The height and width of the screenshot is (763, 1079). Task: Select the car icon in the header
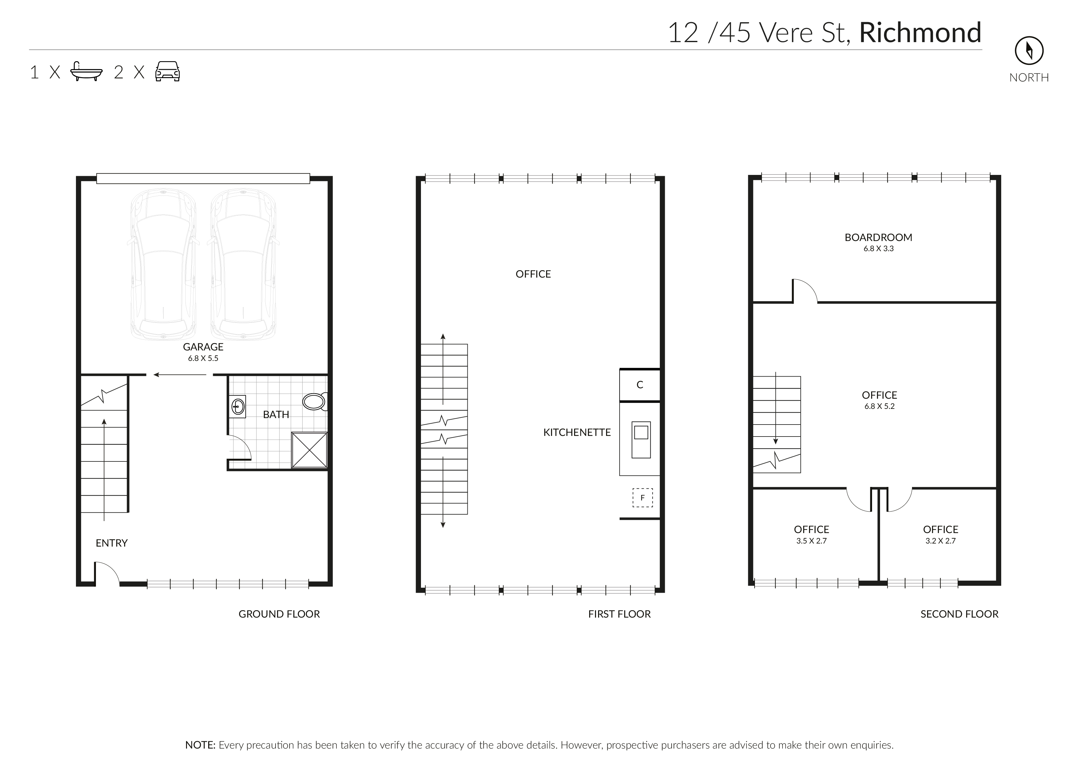tap(167, 71)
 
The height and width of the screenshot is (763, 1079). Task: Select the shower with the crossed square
tap(309, 450)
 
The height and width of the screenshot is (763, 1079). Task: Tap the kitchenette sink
tap(641, 439)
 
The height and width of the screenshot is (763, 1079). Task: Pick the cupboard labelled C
tap(640, 385)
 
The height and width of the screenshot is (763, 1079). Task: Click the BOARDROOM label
tap(878, 237)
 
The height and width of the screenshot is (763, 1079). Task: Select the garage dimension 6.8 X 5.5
tap(203, 358)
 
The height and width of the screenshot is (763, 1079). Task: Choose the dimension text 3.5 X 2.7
tap(811, 541)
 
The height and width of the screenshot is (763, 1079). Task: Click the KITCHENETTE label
tap(577, 432)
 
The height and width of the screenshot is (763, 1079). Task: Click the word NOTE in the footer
tap(200, 745)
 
